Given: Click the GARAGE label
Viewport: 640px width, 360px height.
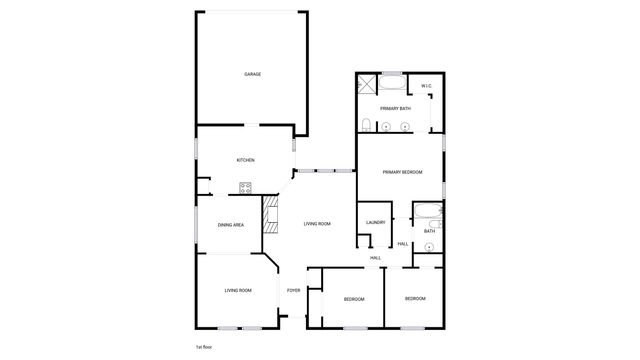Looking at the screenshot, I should [253, 74].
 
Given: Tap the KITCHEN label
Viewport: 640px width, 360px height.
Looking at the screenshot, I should [245, 160].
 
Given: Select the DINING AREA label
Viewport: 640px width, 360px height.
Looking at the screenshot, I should [231, 225].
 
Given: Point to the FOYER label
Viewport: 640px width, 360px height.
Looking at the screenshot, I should [293, 290].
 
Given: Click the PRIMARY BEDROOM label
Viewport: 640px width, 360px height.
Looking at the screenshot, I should [402, 173].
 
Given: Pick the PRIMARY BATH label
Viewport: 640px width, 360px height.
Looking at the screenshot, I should [395, 108].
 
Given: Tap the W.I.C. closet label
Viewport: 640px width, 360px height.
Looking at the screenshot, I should [426, 86].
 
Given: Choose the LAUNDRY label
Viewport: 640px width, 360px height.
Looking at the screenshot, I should [376, 222].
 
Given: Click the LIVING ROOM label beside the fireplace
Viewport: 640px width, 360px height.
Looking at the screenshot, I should [317, 224].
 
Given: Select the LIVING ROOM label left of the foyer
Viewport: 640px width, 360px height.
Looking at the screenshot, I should [238, 290].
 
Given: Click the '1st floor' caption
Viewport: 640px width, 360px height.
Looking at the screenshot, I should [204, 346].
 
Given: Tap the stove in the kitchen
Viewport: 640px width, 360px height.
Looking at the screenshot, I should [247, 186].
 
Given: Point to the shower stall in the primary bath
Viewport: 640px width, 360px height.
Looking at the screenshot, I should [366, 84].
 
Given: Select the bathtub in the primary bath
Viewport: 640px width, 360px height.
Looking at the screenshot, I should [391, 82].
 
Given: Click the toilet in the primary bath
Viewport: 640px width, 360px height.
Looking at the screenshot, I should [368, 126].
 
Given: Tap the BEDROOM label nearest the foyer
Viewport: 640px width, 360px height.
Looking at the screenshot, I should [354, 299].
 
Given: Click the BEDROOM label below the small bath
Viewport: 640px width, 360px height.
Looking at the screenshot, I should [415, 299].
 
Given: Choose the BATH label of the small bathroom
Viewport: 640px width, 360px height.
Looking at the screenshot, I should [429, 231].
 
